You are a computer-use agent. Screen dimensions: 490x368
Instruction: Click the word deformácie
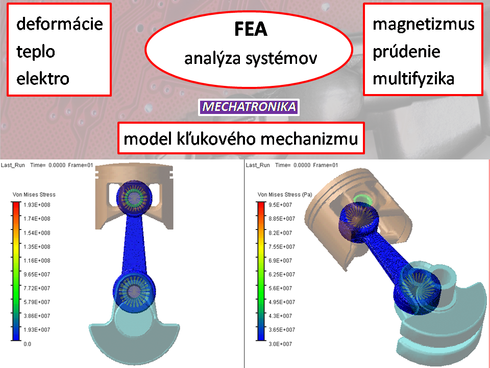(x=59, y=24)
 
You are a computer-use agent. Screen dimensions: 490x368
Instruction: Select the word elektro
(x=43, y=78)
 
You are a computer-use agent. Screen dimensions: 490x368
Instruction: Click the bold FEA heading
(x=251, y=29)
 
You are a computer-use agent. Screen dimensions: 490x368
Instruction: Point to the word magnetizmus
(x=424, y=25)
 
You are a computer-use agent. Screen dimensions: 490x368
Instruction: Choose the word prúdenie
(x=406, y=52)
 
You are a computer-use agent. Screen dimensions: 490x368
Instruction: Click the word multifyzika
(x=413, y=79)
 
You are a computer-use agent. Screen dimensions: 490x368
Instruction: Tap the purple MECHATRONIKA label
(x=249, y=107)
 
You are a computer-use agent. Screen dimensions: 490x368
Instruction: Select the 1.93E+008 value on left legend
(x=37, y=205)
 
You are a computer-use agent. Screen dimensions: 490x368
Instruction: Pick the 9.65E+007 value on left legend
(x=37, y=274)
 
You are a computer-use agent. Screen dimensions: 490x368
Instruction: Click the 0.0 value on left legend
(x=28, y=344)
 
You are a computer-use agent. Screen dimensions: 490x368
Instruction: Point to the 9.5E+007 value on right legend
(x=280, y=205)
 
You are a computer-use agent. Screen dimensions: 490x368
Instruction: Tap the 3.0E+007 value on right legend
(x=280, y=344)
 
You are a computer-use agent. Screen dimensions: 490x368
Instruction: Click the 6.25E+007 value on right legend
(x=282, y=274)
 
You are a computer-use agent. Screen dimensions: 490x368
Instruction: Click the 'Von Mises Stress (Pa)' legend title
(x=285, y=195)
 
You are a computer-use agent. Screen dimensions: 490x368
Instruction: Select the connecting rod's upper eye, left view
(x=134, y=198)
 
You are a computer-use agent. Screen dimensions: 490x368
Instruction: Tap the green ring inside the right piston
(x=362, y=199)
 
